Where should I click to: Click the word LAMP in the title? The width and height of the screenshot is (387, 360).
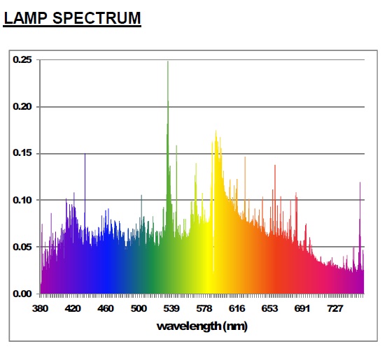[25, 18]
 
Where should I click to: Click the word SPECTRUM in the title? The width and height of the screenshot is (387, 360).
[97, 18]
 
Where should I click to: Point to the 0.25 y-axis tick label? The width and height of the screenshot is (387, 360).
[22, 59]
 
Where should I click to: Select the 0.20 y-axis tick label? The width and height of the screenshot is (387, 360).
[22, 107]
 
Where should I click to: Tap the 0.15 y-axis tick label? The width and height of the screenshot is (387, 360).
[22, 153]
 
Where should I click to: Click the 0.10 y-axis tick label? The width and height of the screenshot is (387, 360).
[22, 200]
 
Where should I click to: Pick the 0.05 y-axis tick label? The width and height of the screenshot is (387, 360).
[22, 247]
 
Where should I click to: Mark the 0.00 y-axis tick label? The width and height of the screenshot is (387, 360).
[22, 294]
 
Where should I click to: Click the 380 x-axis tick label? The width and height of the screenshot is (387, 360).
[40, 308]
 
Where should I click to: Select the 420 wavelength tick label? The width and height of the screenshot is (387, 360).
[73, 308]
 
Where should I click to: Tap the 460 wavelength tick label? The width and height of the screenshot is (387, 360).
[106, 308]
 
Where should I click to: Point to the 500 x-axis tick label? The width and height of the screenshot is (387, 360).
[139, 308]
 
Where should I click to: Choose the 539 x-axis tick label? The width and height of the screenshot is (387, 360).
[171, 308]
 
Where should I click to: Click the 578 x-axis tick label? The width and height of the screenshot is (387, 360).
[204, 308]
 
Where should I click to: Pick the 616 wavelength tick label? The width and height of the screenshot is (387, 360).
[237, 308]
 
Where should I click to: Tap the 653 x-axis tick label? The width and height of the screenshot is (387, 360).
[269, 308]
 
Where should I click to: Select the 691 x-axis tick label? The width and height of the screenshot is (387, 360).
[302, 308]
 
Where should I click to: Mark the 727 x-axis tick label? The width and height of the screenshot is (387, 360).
[335, 308]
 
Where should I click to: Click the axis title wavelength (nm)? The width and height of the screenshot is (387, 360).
[202, 326]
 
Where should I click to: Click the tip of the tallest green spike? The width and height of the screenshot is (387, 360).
[168, 61]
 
